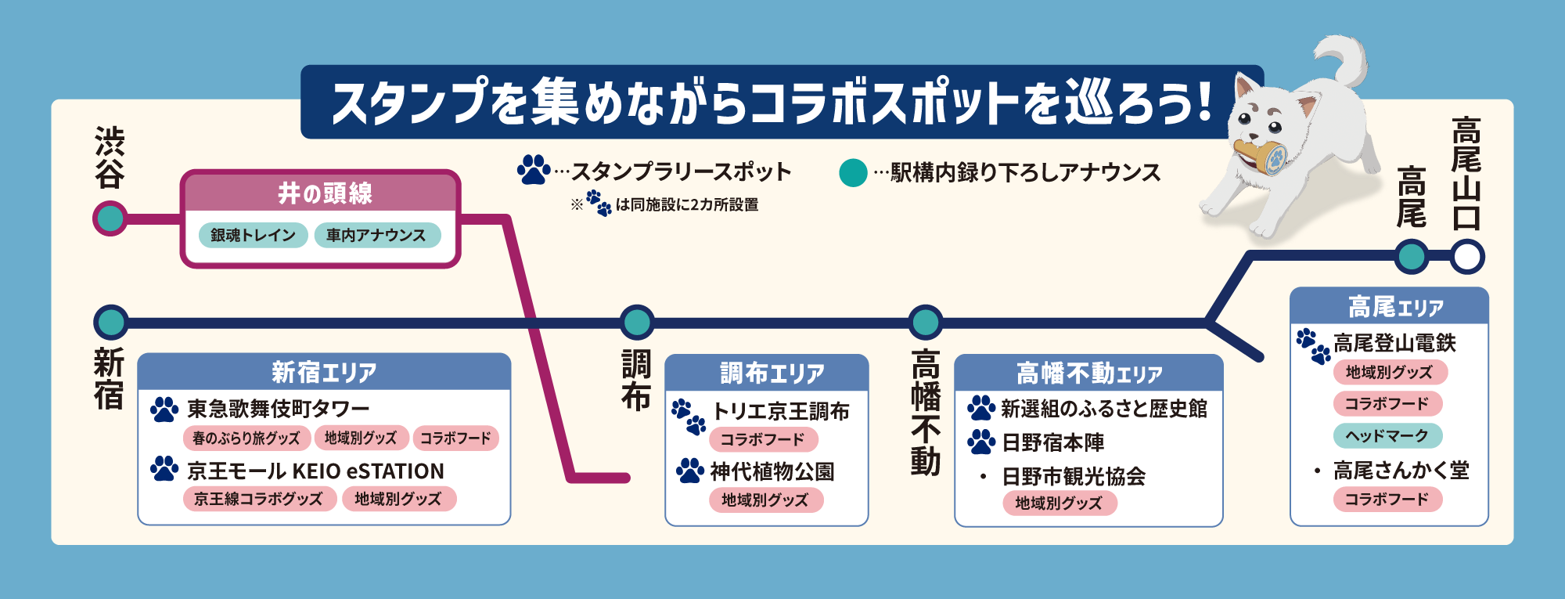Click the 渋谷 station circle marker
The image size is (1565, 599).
tap(110, 218)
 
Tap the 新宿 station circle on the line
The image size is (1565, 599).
tap(110, 323)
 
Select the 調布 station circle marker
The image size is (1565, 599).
tap(637, 323)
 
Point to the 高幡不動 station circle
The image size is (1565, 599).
tap(926, 323)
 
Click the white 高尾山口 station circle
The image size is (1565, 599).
tap(1467, 257)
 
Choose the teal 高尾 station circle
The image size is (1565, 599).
tap(1412, 257)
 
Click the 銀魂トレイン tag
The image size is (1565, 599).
tap(253, 235)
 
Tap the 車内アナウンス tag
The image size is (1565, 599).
tap(376, 235)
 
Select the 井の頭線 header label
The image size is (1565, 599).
tap(324, 193)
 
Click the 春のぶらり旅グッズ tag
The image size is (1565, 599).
tap(246, 438)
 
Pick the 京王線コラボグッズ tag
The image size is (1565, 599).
tap(259, 499)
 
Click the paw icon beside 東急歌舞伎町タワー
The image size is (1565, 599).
tap(164, 409)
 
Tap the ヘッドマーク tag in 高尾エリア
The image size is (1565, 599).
tap(1387, 435)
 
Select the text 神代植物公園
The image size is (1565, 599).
tap(772, 471)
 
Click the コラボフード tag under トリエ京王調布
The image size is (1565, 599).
tap(762, 439)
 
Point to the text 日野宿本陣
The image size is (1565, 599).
tap(1052, 442)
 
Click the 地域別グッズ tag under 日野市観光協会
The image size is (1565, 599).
tap(1059, 503)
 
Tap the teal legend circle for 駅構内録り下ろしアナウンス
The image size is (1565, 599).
tap(853, 172)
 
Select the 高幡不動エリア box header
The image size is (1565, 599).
tap(1088, 373)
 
